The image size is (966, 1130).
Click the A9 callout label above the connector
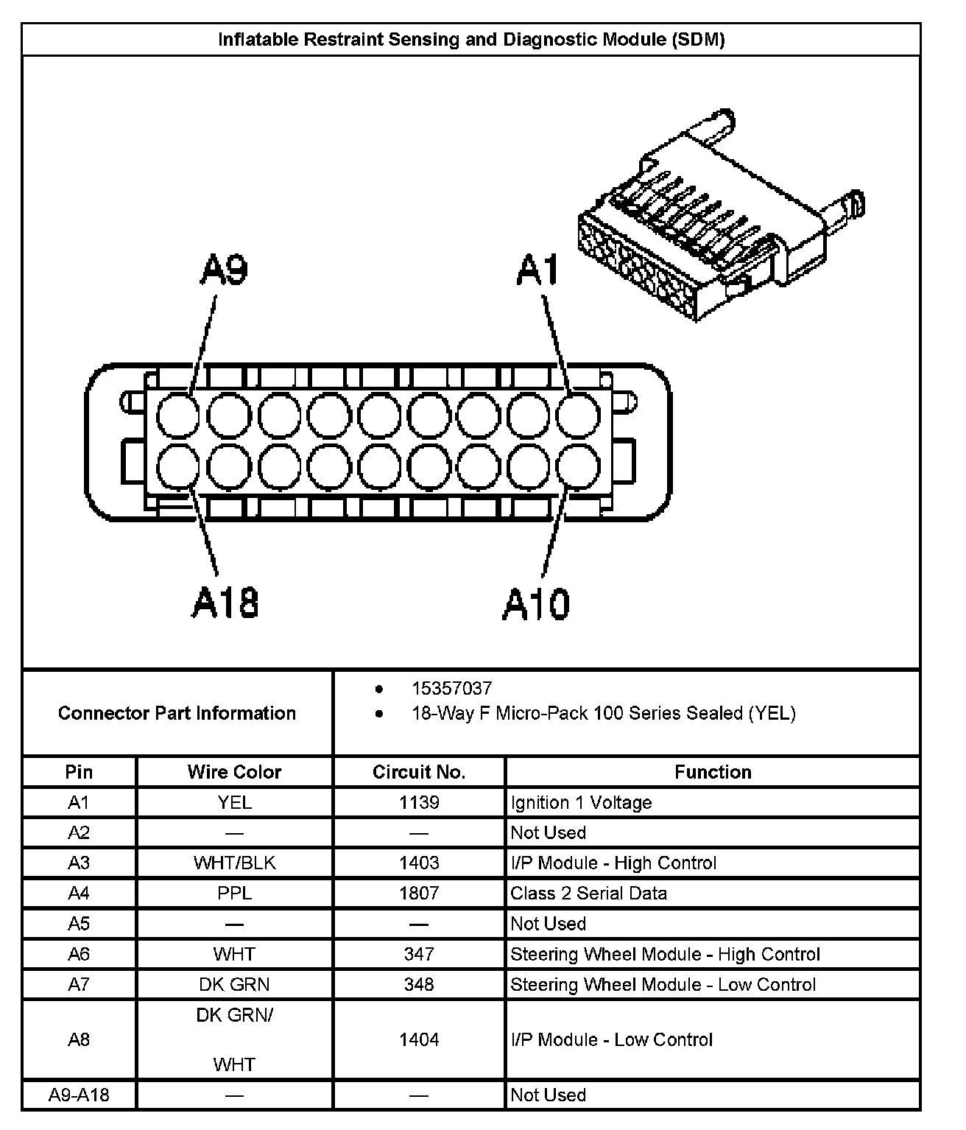(x=225, y=270)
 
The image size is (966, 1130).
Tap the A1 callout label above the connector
(x=539, y=270)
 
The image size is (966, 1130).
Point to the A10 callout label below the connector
(x=536, y=604)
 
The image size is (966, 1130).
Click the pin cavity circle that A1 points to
(x=578, y=415)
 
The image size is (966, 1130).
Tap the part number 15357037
(x=451, y=688)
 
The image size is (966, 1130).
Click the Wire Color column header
(x=234, y=772)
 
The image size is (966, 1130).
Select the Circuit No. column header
(x=419, y=772)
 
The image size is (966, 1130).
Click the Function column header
(x=713, y=772)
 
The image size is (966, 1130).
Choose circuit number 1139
(x=419, y=802)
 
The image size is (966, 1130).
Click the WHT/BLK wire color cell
(x=234, y=863)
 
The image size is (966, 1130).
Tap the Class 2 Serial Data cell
(x=589, y=893)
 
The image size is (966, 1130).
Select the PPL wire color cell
(x=234, y=893)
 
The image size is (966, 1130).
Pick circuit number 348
(x=419, y=984)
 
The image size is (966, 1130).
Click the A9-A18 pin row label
(x=79, y=1095)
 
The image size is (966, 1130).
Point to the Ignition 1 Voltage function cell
(x=581, y=802)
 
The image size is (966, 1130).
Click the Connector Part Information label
(x=177, y=713)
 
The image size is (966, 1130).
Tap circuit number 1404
(x=419, y=1039)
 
